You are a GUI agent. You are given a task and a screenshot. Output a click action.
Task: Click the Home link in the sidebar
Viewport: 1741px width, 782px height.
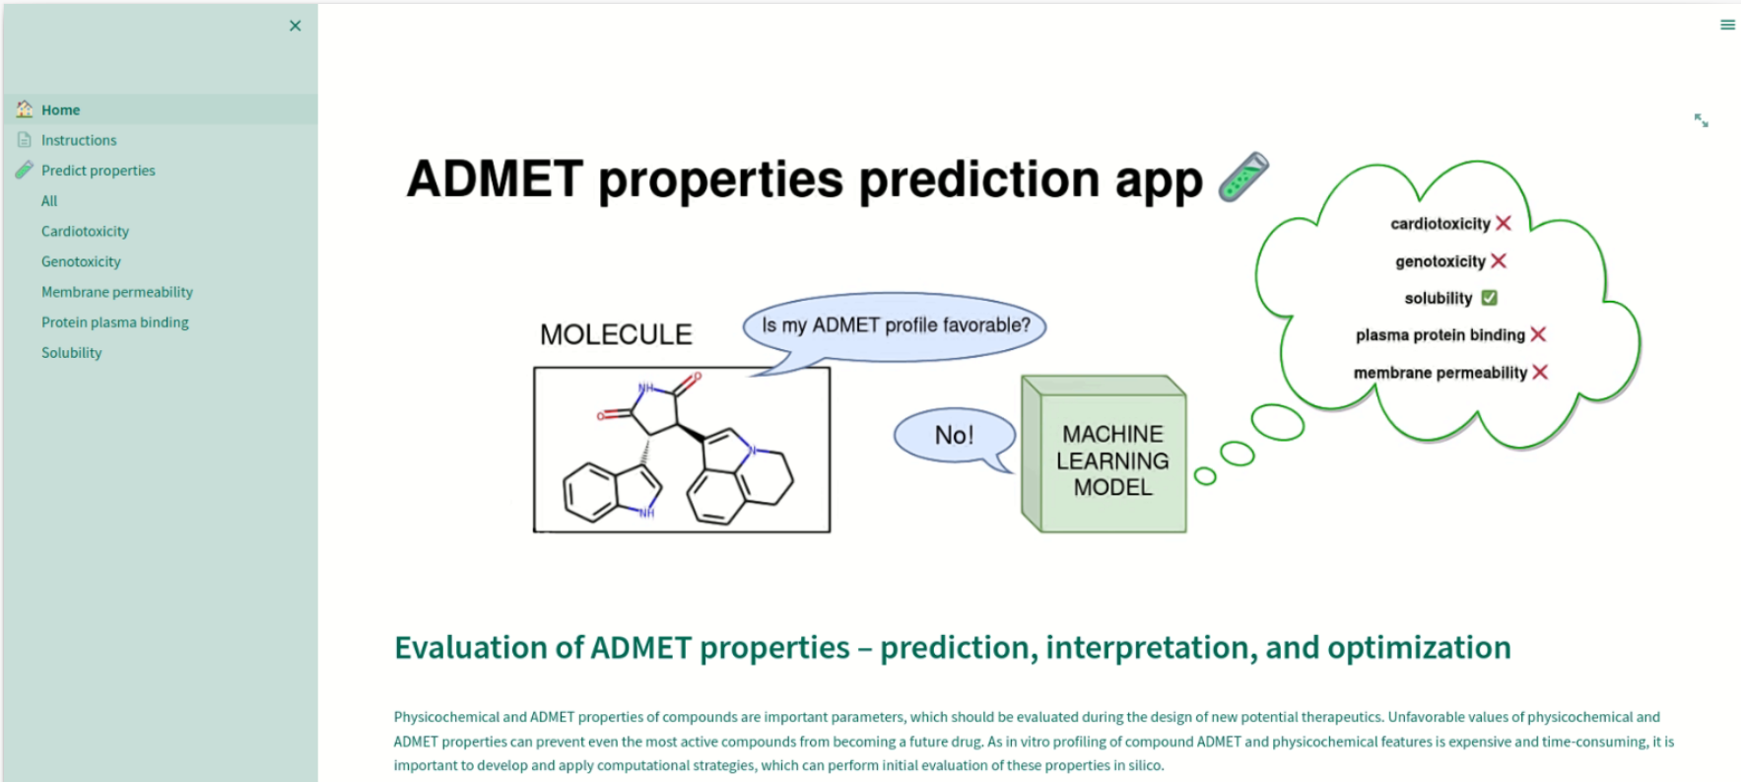tap(61, 110)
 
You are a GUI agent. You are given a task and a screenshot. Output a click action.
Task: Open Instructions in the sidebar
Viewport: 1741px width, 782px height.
tap(79, 140)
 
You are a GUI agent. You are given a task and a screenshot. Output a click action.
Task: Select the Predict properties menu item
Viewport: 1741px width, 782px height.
tap(99, 171)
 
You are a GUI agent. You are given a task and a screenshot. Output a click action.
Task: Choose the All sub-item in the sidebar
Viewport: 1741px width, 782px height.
tap(49, 201)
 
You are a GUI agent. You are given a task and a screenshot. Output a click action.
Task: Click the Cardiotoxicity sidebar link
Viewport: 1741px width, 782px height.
tap(85, 231)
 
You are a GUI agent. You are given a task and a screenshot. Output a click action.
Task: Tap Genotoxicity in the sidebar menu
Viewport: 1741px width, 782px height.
tap(81, 261)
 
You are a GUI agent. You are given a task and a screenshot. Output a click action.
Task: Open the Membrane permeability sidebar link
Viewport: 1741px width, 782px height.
tap(117, 292)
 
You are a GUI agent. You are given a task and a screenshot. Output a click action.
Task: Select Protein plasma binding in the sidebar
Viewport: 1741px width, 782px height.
tap(115, 322)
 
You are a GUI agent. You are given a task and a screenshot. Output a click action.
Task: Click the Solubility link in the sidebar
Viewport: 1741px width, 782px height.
tap(72, 352)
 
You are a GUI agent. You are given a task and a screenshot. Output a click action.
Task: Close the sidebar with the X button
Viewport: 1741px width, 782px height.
tap(296, 26)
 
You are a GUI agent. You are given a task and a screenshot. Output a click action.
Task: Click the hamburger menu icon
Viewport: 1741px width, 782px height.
tap(1727, 25)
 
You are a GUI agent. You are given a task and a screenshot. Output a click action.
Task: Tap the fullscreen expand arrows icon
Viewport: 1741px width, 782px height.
tap(1702, 120)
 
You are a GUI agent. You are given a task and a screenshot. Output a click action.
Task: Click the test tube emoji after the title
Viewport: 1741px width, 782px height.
tap(1243, 178)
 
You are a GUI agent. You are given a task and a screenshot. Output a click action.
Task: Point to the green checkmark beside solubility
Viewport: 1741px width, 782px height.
tap(1489, 298)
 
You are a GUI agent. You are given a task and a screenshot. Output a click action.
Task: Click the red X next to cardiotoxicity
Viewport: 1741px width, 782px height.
tap(1504, 223)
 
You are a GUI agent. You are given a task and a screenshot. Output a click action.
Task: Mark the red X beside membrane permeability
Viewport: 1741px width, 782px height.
tap(1540, 372)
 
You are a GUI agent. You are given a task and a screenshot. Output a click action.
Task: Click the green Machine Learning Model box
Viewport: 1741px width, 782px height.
tap(1104, 454)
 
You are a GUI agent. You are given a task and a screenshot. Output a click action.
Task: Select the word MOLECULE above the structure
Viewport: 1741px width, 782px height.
tap(616, 335)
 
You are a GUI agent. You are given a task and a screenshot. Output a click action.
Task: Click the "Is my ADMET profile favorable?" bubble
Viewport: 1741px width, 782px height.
tap(895, 325)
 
